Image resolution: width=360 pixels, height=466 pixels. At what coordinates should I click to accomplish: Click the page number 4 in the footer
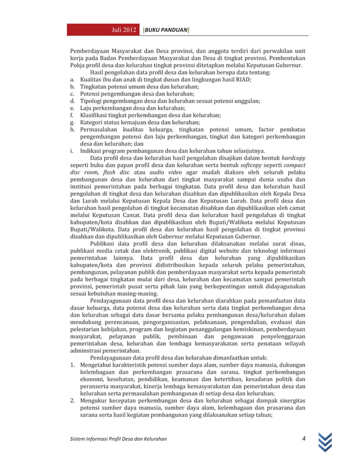click(x=303, y=439)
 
